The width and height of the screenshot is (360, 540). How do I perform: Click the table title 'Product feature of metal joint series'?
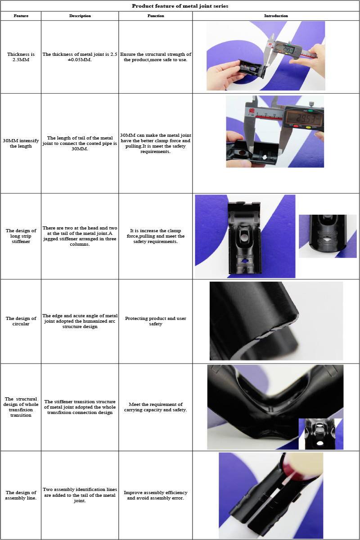coord(180,6)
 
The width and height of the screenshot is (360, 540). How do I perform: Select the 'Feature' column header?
coord(21,16)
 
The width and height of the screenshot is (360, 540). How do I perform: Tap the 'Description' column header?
coord(80,16)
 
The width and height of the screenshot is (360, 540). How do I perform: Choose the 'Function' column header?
coord(156,16)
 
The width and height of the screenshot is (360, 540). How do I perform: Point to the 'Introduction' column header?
coord(276,16)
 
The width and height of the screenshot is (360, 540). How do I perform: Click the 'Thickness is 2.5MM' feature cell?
coord(21,57)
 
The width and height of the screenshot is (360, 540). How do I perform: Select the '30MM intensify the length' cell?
coord(21,143)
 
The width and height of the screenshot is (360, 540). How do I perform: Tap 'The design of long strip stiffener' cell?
coord(21,236)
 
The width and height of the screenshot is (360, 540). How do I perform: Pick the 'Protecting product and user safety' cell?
coord(156,321)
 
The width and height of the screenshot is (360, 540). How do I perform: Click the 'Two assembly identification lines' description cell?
coord(80,495)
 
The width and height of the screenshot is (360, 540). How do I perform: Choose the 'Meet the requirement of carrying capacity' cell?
coord(156,407)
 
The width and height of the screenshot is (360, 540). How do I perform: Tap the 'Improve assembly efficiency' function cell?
coord(156,495)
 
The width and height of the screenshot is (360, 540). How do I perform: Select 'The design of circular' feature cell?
coord(21,321)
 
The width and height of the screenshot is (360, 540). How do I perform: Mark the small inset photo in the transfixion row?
coord(321,434)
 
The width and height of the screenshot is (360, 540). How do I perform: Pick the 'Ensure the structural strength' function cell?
coord(156,57)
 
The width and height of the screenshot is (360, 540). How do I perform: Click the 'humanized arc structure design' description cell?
coord(80,321)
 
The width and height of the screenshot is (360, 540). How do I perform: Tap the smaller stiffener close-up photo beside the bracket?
coord(328,236)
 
